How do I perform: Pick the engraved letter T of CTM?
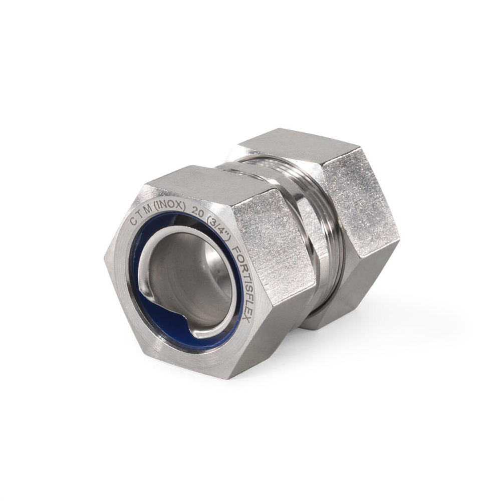point(140,216)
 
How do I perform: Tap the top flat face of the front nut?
point(200,180)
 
